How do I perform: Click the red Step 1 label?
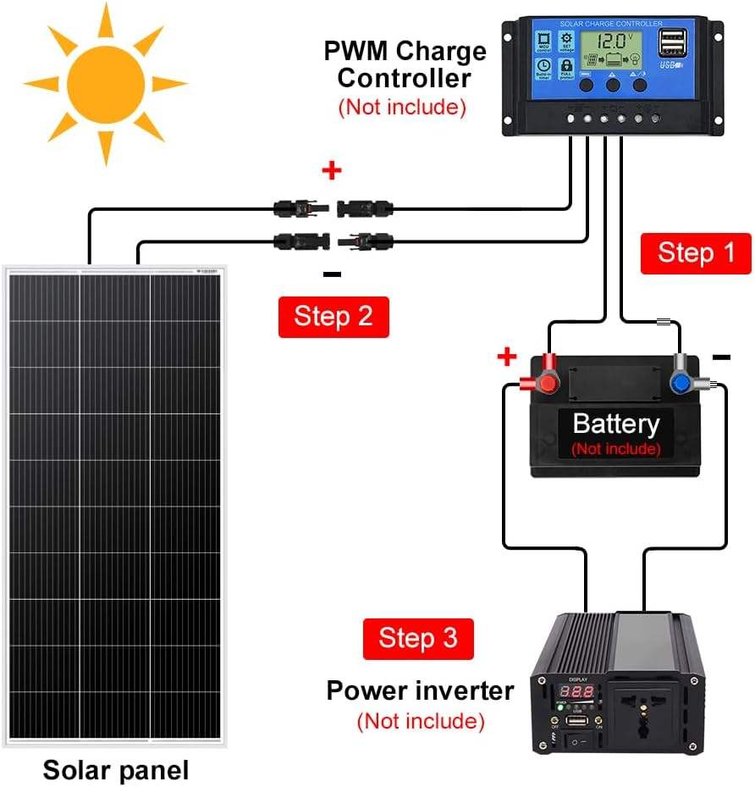point(696,252)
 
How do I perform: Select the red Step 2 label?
point(333,316)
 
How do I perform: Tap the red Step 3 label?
point(418,638)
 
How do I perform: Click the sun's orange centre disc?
point(105,82)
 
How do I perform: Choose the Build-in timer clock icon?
point(542,66)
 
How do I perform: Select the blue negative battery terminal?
point(680,382)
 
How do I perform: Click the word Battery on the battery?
point(615,424)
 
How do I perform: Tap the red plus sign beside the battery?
point(506,357)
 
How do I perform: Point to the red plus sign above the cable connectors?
point(332,170)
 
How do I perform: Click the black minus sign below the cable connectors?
point(332,274)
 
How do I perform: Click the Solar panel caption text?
point(116,770)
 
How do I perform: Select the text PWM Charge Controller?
point(405,64)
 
